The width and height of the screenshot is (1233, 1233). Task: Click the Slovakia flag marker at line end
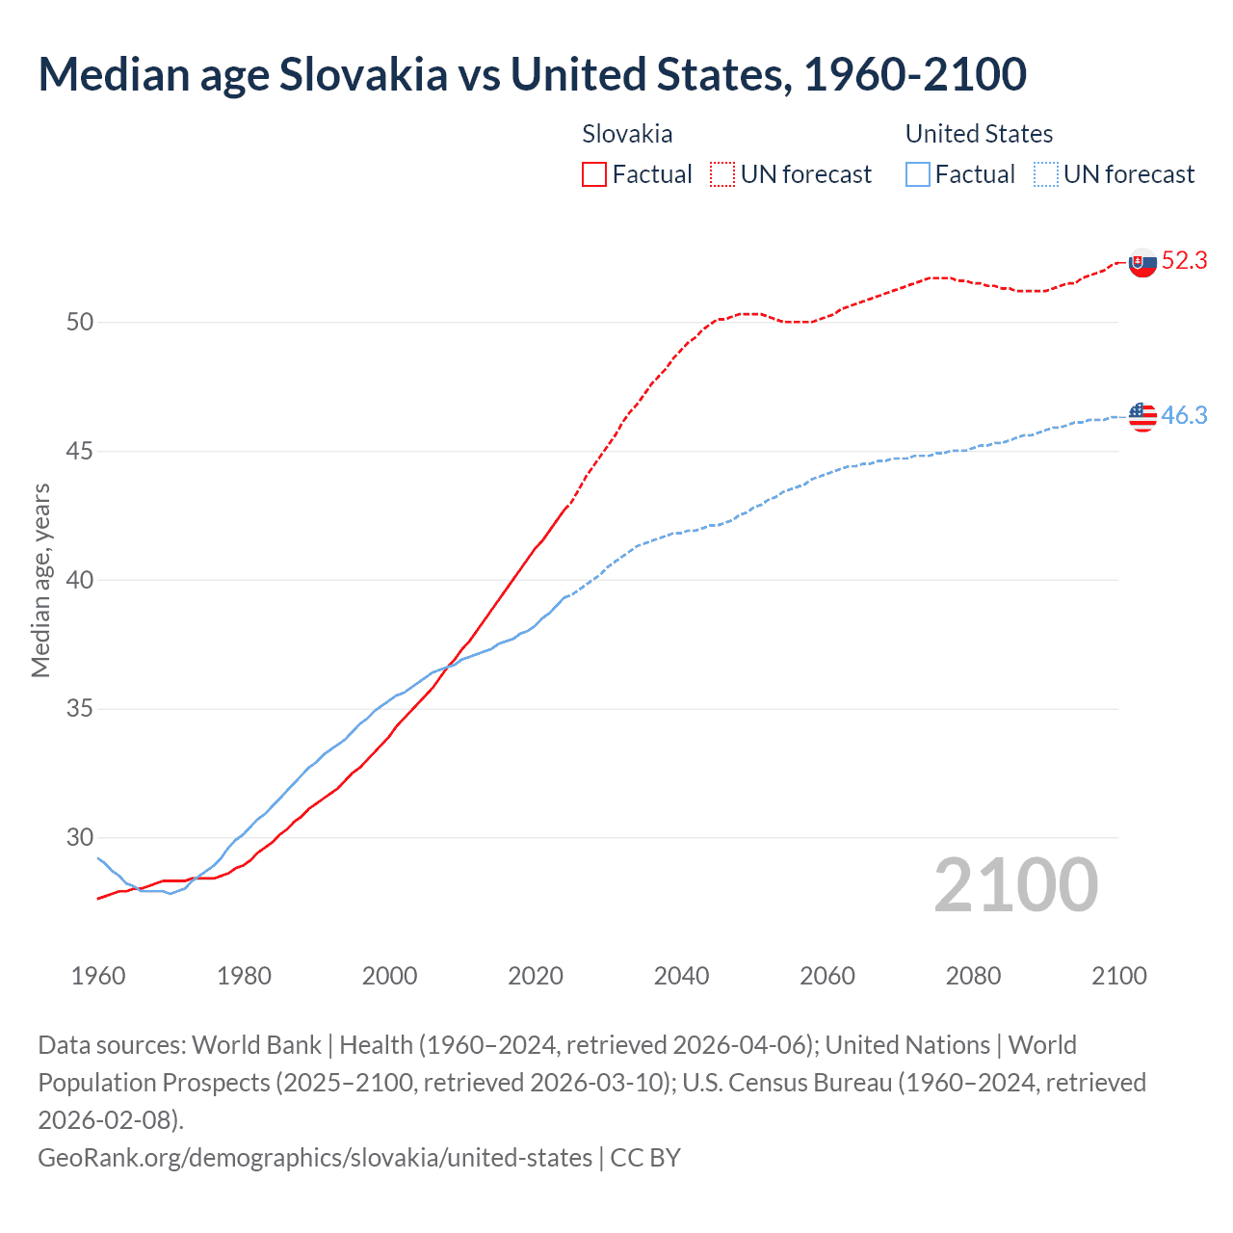click(1142, 263)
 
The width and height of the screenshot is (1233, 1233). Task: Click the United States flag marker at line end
click(1142, 417)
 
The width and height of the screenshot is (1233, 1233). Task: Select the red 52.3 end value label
click(1184, 260)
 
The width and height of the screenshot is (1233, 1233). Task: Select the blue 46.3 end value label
click(1184, 415)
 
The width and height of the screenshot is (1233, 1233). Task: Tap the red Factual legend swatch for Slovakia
click(594, 174)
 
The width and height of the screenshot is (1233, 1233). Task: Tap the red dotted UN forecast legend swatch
click(722, 174)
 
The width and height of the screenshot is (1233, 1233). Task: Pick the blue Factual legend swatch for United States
click(918, 174)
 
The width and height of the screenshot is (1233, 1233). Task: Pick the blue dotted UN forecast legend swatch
click(1045, 174)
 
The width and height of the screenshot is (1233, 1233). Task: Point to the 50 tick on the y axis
click(80, 322)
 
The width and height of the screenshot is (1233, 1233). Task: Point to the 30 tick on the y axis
click(80, 837)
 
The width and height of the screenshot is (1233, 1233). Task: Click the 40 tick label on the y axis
click(80, 580)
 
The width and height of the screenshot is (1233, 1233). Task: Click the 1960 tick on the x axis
click(98, 976)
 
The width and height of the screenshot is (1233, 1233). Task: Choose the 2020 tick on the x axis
click(536, 976)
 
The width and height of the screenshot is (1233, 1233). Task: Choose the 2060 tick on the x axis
click(827, 976)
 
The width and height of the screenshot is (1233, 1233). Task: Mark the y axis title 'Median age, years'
click(40, 581)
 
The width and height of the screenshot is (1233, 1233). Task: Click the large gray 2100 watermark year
click(1015, 885)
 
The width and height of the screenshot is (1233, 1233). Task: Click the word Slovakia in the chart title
click(363, 74)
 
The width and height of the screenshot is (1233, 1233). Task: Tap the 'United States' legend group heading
click(979, 134)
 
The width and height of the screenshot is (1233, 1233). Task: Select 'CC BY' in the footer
click(645, 1157)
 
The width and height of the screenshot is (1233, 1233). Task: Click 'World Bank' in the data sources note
click(256, 1045)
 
